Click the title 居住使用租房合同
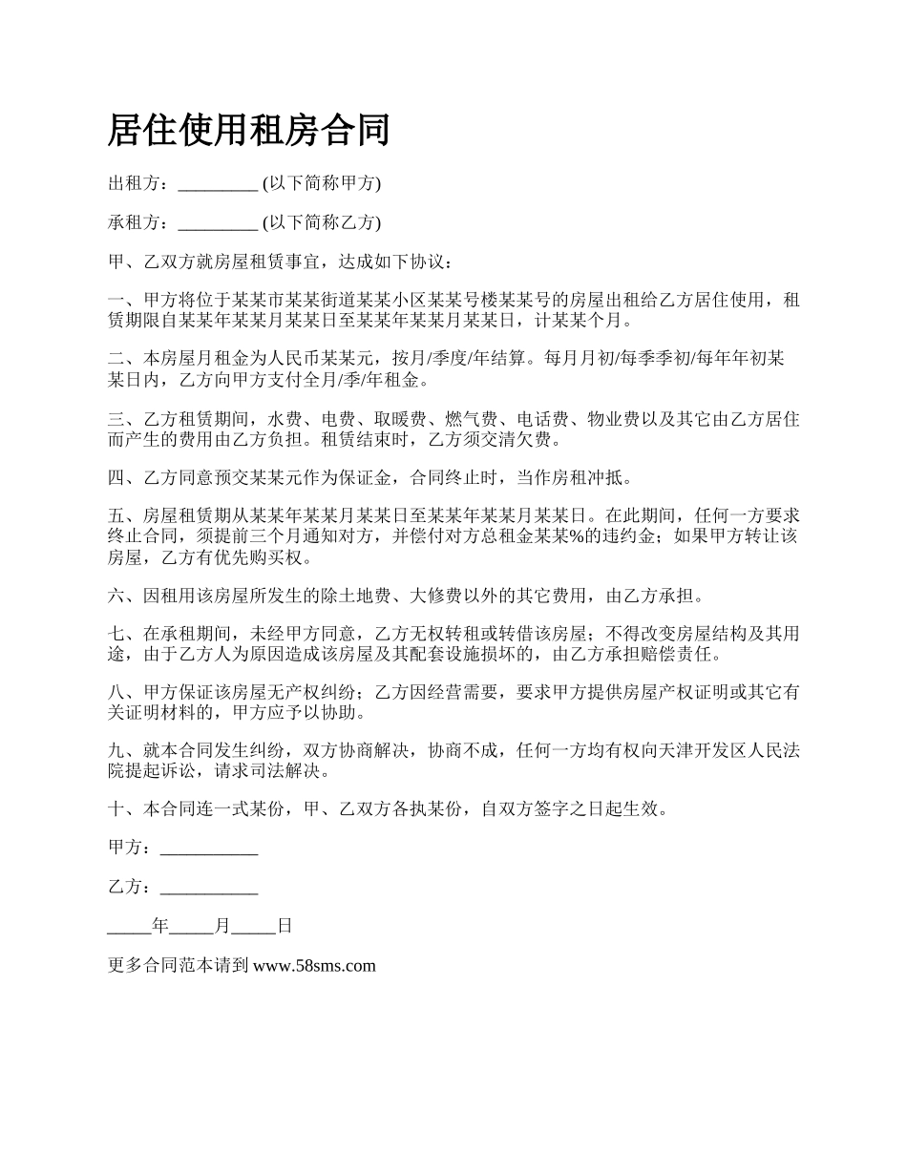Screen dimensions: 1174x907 [249, 130]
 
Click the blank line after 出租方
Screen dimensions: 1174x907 [218, 184]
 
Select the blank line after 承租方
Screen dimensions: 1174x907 [218, 223]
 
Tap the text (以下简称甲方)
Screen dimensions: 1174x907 [321, 184]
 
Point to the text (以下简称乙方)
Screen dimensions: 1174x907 [321, 223]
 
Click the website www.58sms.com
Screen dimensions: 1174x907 [315, 966]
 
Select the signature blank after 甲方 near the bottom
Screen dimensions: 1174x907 [209, 849]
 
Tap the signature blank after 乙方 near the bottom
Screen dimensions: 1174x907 [209, 888]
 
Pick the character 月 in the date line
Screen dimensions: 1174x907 [222, 926]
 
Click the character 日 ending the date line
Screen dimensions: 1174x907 [284, 926]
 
